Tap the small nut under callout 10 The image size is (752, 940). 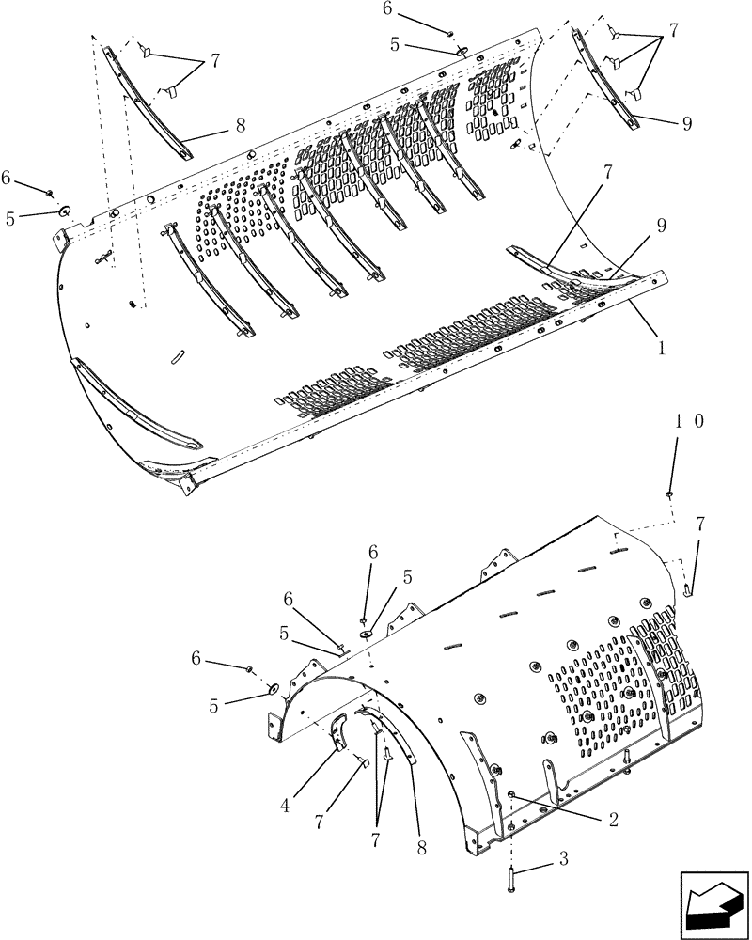(668, 493)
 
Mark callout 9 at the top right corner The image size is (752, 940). (687, 123)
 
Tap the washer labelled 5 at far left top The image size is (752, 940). (65, 211)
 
